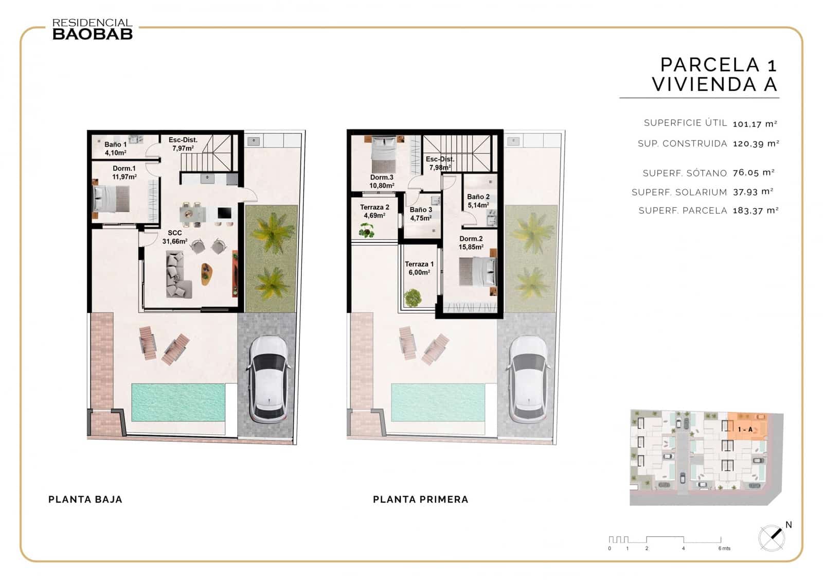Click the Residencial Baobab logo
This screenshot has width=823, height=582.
pos(93,29)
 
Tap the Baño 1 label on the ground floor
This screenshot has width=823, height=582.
pos(115,148)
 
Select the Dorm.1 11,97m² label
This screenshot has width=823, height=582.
pos(124,172)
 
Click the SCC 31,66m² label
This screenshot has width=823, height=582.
pos(175,237)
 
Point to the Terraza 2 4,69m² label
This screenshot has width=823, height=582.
pos(374,211)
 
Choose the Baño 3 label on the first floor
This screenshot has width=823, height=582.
pos(421,214)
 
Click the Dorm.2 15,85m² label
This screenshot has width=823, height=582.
pos(471,242)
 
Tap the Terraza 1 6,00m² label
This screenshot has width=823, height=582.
pos(419,268)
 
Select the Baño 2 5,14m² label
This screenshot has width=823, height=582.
pos(478,201)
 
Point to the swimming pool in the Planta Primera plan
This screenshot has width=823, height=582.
pos(438,402)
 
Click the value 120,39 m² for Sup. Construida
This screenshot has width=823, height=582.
pos(756,144)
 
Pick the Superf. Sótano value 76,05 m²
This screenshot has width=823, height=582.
pos(754,173)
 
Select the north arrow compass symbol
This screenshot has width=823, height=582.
pos(772,538)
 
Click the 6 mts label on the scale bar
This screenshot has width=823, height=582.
pos(724,548)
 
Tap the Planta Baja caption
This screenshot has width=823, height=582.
pos(85,499)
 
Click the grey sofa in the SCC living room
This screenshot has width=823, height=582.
pos(177,275)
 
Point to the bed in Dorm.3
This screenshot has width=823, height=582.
pos(383,155)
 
